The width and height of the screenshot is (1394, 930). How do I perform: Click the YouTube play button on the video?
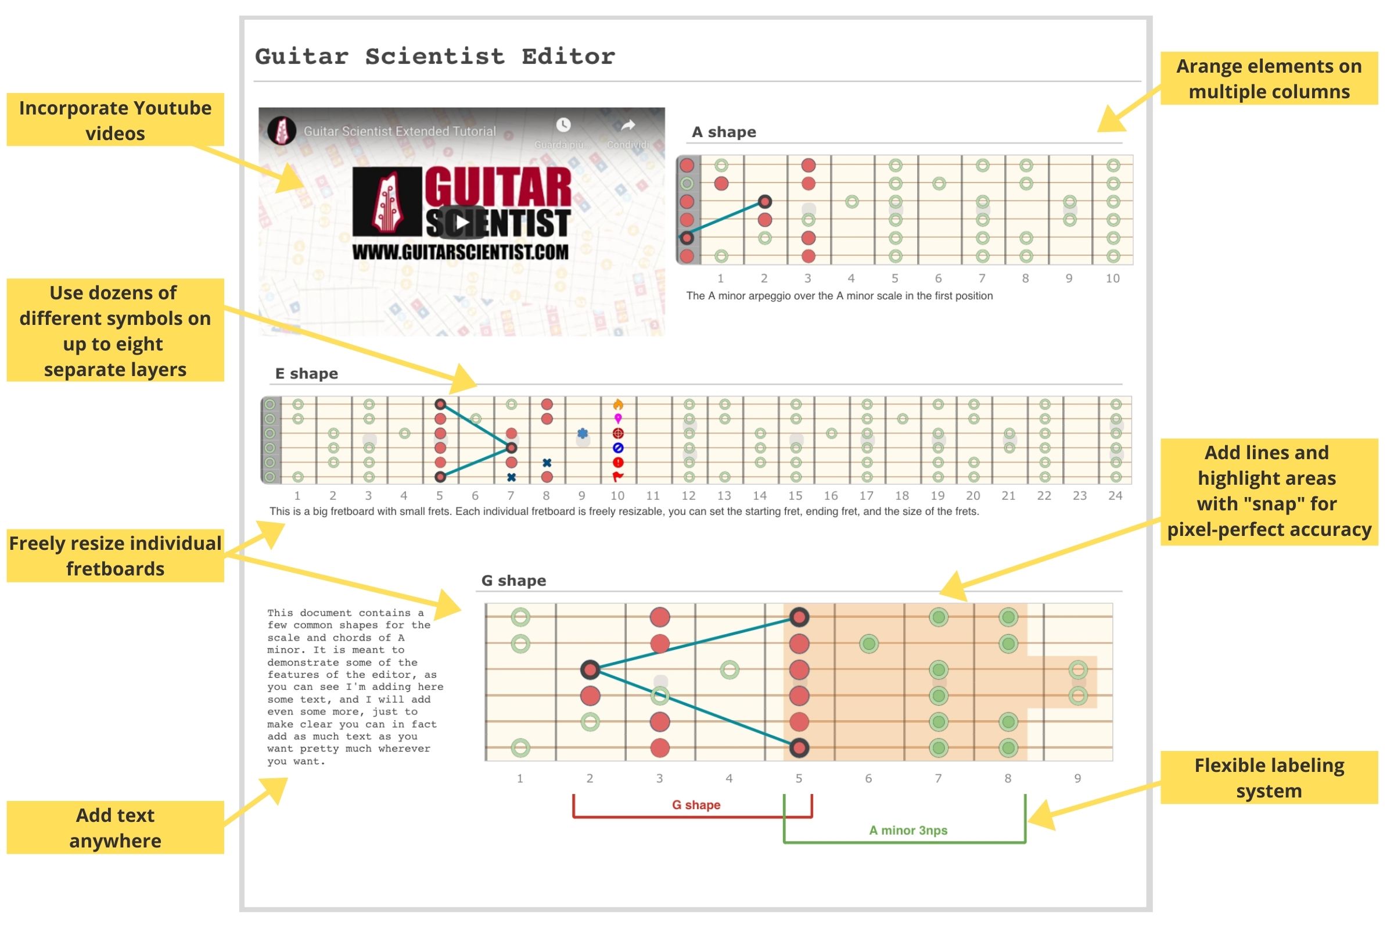[x=462, y=222]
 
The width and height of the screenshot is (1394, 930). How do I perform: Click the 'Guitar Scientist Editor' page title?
[x=436, y=56]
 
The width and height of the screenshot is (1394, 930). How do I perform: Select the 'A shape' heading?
[x=724, y=132]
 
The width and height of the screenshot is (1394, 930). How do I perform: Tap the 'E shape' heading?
[x=307, y=373]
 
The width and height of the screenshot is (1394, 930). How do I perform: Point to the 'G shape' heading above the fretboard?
[x=513, y=580]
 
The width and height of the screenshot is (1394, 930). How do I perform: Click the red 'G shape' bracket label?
[x=696, y=805]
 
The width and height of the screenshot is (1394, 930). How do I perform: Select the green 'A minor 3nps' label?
[x=908, y=831]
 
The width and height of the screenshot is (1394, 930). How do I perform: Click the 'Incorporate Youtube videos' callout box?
[x=115, y=120]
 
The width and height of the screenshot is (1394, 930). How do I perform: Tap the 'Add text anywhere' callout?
[x=115, y=827]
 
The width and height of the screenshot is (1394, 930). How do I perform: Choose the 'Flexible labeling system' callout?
[x=1269, y=778]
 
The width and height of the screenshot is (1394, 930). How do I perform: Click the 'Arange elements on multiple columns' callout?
[x=1269, y=78]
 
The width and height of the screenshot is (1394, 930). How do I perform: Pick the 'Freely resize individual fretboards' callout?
[x=115, y=556]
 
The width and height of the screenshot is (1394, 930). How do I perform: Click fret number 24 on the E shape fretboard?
[x=1115, y=495]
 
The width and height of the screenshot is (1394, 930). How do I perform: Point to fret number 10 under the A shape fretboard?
[x=1112, y=278]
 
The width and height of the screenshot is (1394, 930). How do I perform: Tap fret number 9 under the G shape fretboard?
[x=1077, y=778]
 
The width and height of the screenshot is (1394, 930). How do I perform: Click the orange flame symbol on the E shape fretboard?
[x=617, y=405]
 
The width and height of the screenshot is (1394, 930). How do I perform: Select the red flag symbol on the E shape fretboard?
[x=617, y=476]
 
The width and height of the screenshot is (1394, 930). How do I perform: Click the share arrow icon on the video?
[x=628, y=125]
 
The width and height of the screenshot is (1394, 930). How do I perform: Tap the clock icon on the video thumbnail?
[x=563, y=124]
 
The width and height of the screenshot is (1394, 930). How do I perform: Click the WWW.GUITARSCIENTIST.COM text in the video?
[x=461, y=252]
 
